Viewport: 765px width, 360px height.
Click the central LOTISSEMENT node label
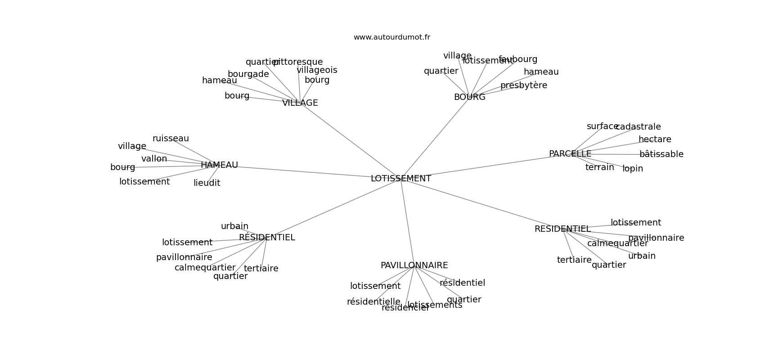coord(400,179)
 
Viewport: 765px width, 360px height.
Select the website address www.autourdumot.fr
coord(391,37)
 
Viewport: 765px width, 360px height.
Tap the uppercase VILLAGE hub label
coord(300,103)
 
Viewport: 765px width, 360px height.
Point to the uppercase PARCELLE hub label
coord(570,154)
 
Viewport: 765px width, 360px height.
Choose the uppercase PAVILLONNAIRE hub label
coord(414,265)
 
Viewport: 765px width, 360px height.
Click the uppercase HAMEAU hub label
coord(219,165)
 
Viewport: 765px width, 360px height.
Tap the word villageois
coord(317,70)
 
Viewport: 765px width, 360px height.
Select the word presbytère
coord(523,85)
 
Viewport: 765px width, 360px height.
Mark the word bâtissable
coord(661,154)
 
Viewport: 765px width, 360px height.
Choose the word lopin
coord(632,169)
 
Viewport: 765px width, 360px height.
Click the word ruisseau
coord(171,139)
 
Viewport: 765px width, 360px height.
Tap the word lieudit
coord(207,183)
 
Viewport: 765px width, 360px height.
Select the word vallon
coord(154,159)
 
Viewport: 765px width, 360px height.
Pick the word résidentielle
coord(373,302)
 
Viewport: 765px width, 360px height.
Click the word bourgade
coord(248,74)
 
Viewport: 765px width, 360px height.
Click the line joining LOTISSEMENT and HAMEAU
coord(306,172)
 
